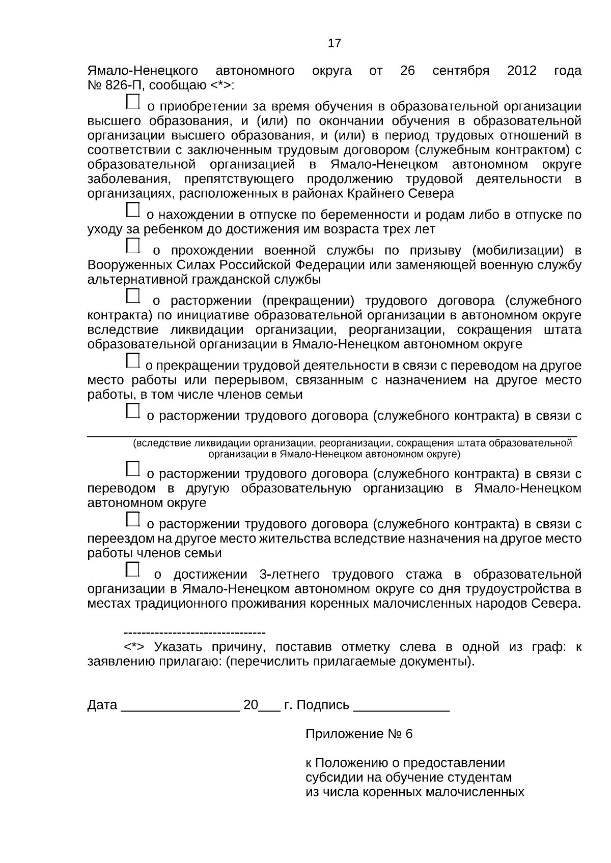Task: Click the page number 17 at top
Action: [335, 44]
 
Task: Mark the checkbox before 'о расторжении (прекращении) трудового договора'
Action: [132, 295]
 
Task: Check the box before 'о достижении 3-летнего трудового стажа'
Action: [132, 569]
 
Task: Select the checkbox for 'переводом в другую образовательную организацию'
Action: [132, 468]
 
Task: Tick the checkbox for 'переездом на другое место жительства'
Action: [132, 519]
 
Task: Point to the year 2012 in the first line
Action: [521, 71]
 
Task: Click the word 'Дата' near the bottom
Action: [102, 705]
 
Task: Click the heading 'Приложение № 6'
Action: [359, 734]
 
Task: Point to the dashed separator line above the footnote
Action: [195, 633]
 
